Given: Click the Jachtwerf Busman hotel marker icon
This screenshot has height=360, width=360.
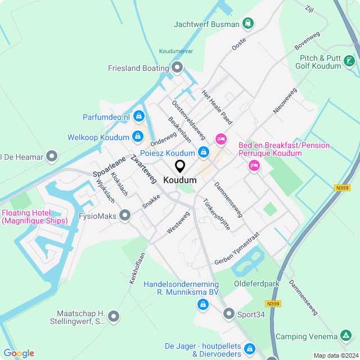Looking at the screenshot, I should pyautogui.click(x=248, y=24).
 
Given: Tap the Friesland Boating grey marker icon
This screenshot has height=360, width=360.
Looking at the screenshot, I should pyautogui.click(x=178, y=69).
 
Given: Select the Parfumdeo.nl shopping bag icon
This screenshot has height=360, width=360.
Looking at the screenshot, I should pyautogui.click(x=138, y=117).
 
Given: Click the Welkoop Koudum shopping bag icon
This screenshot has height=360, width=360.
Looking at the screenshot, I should pyautogui.click(x=137, y=137).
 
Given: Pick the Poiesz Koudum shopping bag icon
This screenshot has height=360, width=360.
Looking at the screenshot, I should pyautogui.click(x=203, y=152).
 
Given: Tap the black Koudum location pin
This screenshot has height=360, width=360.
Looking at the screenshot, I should pyautogui.click(x=180, y=166).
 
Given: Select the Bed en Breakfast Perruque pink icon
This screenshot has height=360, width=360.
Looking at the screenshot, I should pyautogui.click(x=254, y=165).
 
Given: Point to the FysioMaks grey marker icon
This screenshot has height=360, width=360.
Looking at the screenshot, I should pyautogui.click(x=125, y=214).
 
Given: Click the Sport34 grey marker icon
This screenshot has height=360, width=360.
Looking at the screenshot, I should pyautogui.click(x=229, y=313).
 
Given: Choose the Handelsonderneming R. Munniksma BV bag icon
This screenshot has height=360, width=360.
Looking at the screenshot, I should pyautogui.click(x=202, y=304).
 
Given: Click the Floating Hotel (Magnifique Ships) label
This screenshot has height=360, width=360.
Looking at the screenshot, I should pyautogui.click(x=34, y=217).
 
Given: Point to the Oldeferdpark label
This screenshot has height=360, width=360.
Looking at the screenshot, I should pyautogui.click(x=256, y=284).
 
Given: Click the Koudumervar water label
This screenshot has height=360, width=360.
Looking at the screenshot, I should pyautogui.click(x=176, y=51).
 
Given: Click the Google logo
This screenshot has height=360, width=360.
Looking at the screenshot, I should pyautogui.click(x=19, y=353).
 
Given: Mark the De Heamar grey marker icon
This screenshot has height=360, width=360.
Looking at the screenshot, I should pyautogui.click(x=52, y=156).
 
